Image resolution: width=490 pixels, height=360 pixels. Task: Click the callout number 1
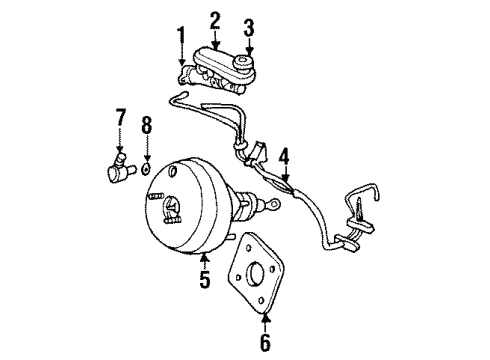[181, 39]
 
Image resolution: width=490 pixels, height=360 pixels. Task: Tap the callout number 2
[215, 19]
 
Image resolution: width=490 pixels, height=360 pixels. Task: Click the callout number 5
[205, 281]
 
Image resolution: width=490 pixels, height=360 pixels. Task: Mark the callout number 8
[146, 126]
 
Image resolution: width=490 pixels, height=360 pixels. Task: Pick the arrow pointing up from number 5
[205, 259]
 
